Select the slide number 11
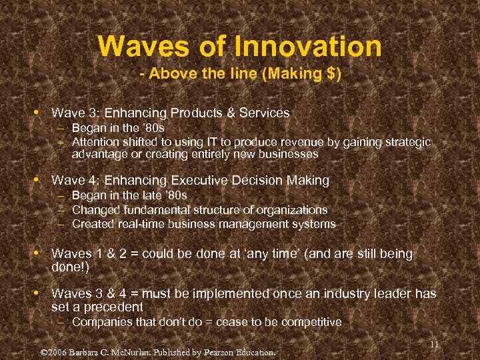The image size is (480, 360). [x=434, y=344]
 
